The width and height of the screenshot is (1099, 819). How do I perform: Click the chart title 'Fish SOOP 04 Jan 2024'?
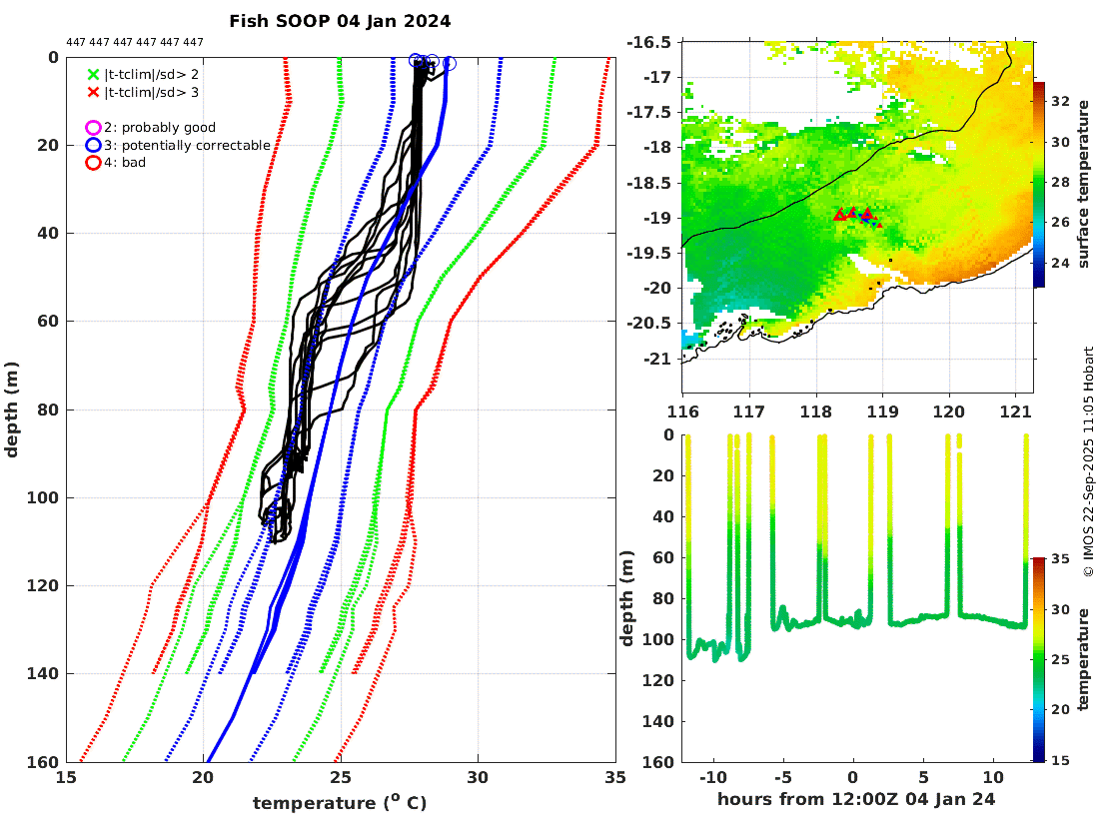click(340, 21)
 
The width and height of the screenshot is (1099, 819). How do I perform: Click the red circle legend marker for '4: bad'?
click(94, 163)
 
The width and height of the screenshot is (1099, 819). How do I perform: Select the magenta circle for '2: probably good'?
click(94, 128)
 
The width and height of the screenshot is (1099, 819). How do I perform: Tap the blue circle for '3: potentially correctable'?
click(94, 145)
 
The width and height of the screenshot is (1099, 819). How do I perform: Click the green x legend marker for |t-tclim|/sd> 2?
click(94, 75)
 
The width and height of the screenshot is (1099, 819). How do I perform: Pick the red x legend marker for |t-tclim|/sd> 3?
click(94, 93)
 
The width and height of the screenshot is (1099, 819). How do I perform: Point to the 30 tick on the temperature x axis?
click(478, 778)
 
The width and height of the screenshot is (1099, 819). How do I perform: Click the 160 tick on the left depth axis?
click(45, 762)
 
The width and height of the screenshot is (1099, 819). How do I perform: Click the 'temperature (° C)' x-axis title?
click(340, 803)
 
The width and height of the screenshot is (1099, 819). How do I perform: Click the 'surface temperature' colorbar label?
click(1083, 185)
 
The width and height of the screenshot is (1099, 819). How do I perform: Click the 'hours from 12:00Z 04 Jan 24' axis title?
click(856, 800)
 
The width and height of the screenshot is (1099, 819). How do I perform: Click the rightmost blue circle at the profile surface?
click(449, 63)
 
